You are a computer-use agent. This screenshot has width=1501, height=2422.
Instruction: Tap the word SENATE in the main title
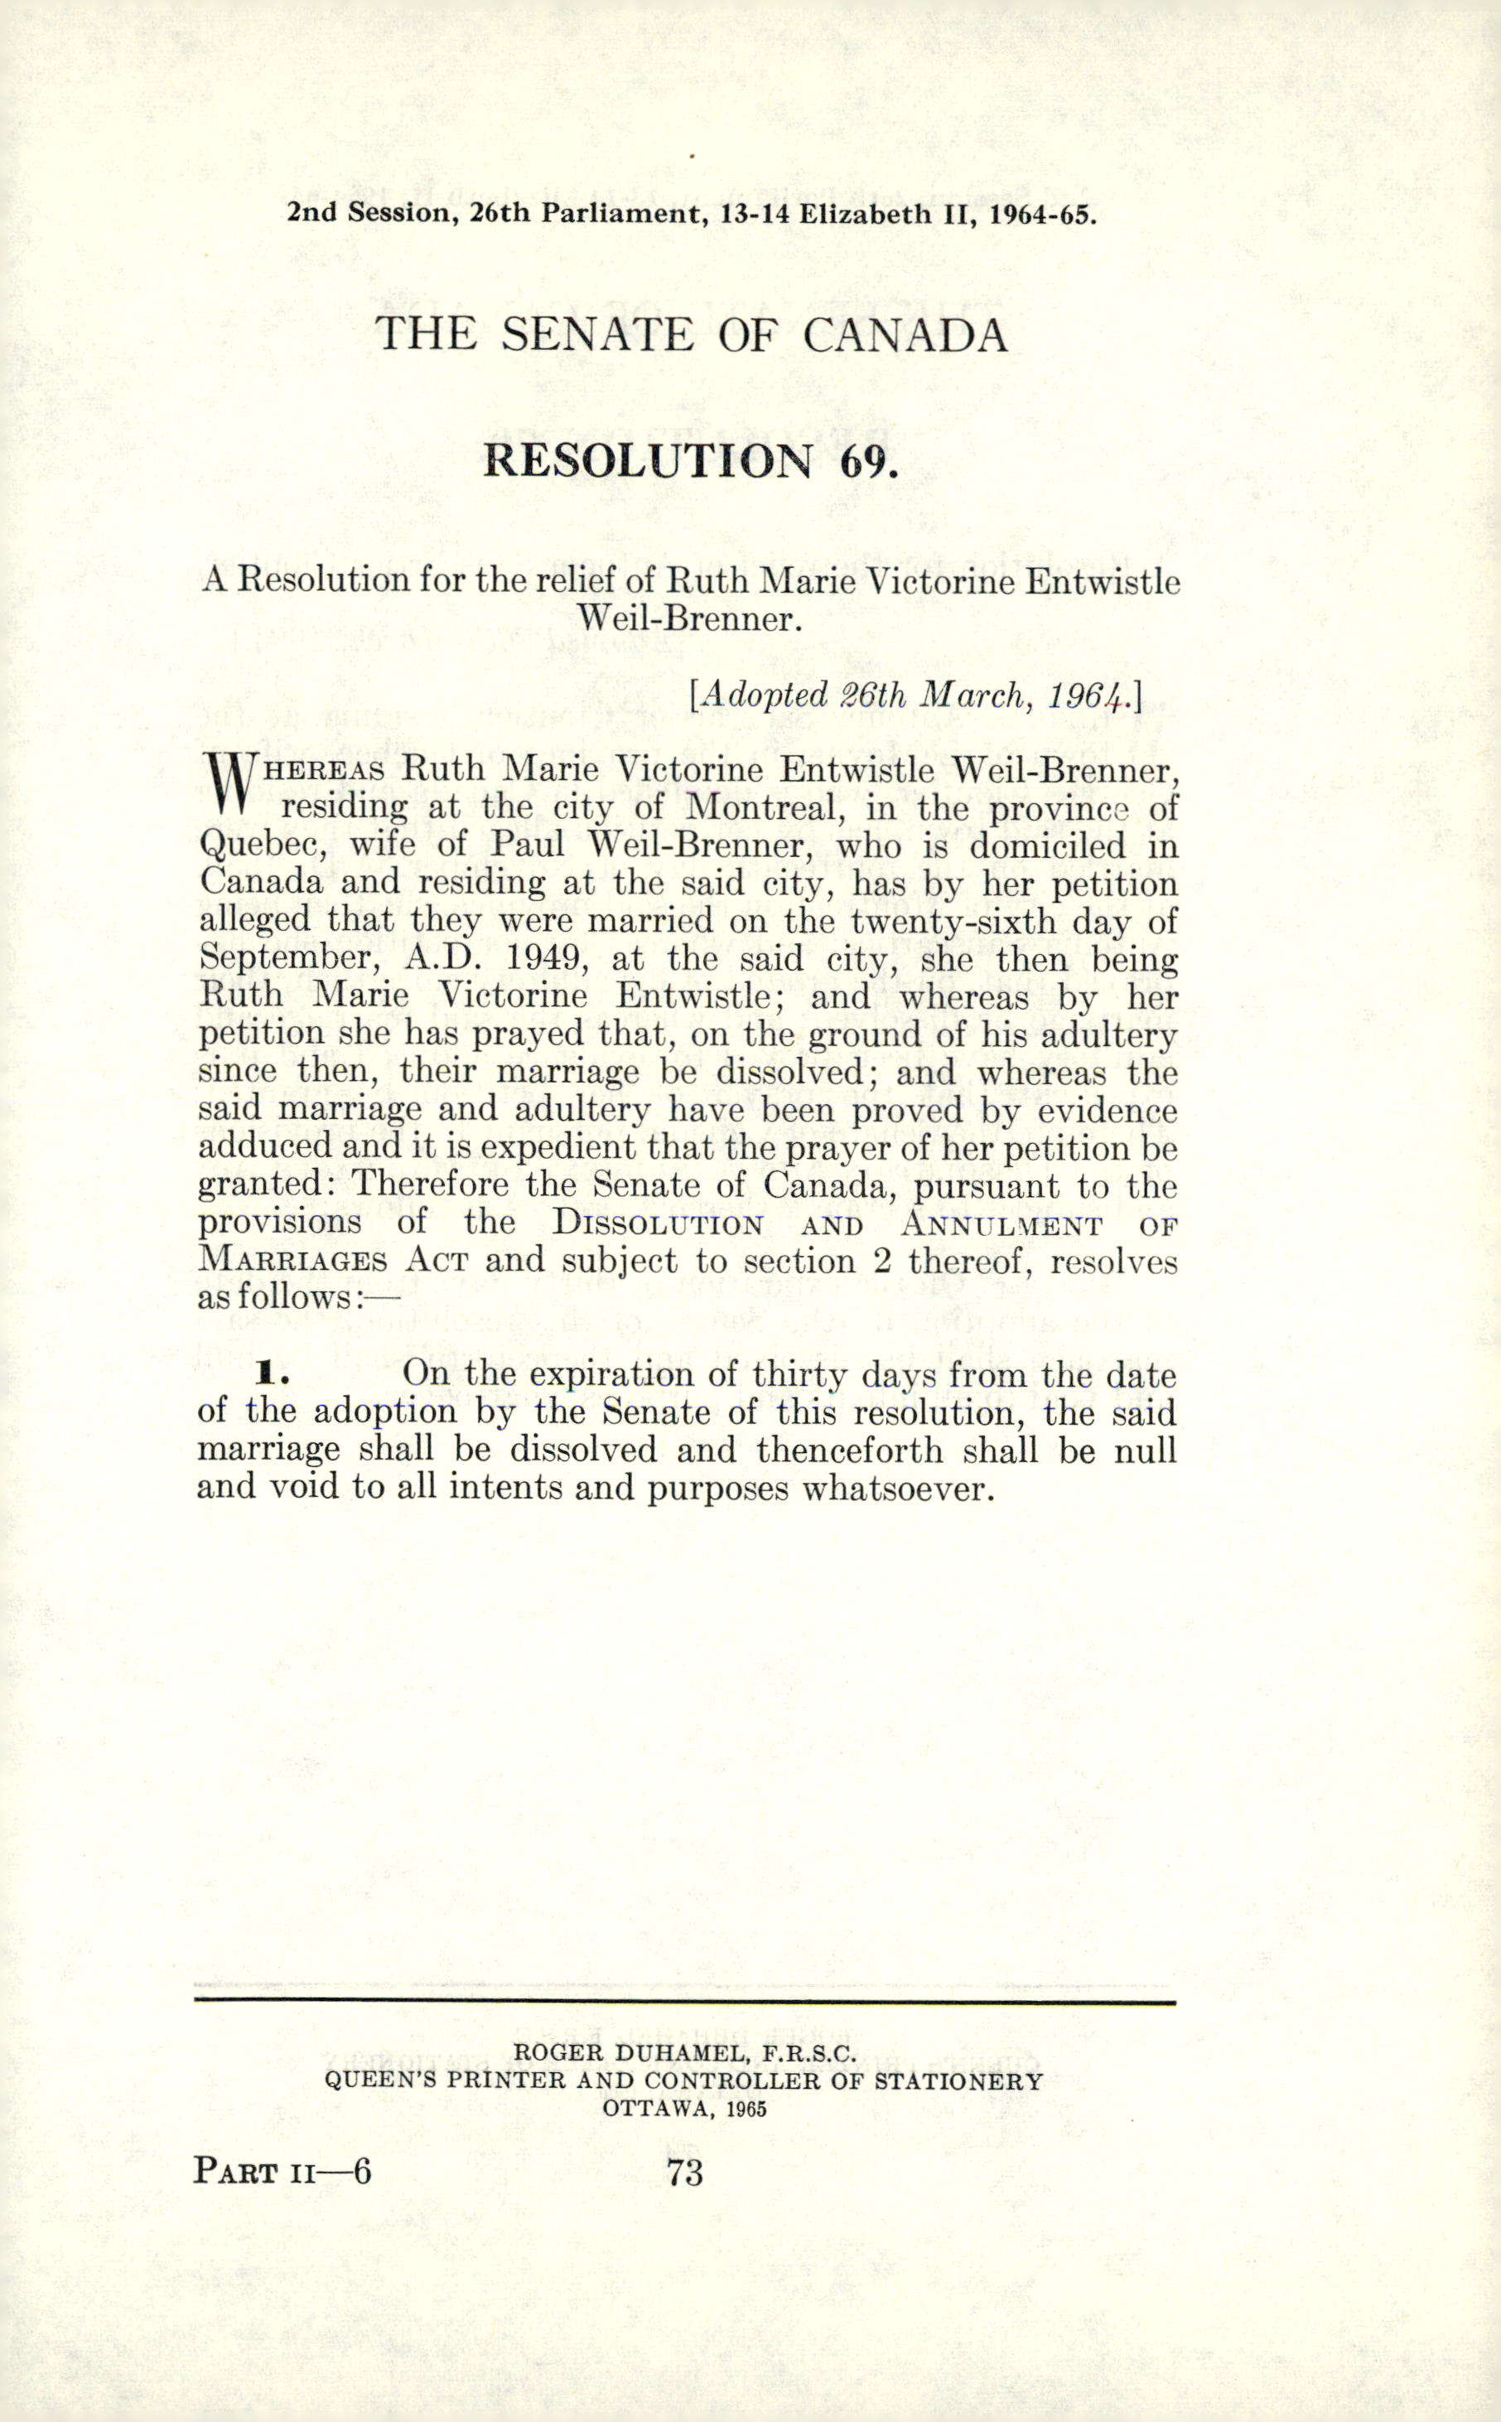(x=596, y=335)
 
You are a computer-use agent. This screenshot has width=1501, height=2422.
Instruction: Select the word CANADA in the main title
(x=905, y=335)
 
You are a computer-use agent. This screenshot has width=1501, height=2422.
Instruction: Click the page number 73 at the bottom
(x=685, y=2173)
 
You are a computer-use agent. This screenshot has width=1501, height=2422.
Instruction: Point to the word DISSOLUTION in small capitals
(x=659, y=1223)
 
